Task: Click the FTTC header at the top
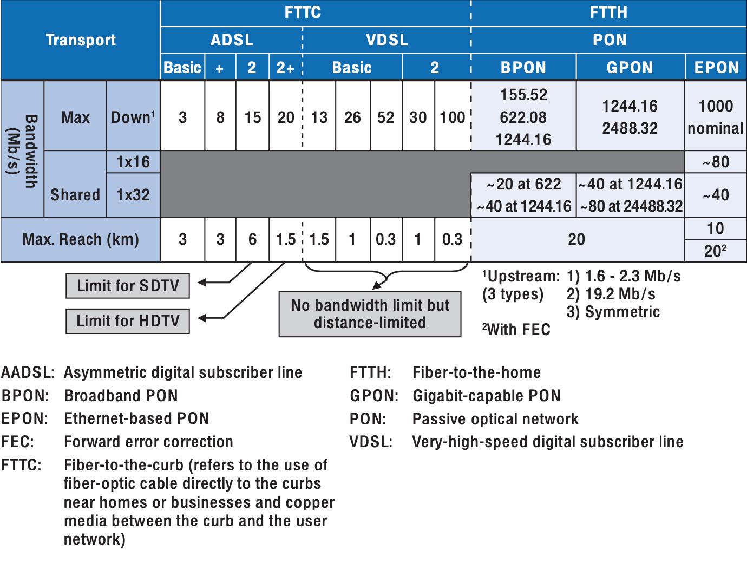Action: pos(303,12)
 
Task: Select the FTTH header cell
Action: pos(608,12)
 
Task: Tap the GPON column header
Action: pos(630,68)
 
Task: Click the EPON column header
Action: pos(716,68)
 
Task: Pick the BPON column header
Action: pos(523,68)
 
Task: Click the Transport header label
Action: pos(81,40)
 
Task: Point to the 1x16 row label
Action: pos(133,162)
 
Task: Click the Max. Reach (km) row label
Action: pos(81,239)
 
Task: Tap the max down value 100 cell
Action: pos(452,117)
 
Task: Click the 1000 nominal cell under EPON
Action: pos(716,117)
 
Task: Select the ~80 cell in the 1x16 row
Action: pos(716,162)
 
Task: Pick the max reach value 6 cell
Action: pos(252,239)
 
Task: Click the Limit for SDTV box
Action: pos(128,286)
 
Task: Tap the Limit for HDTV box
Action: pos(128,321)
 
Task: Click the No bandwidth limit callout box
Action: pos(370,314)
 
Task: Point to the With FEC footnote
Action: pos(516,330)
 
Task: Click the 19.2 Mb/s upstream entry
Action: pos(611,294)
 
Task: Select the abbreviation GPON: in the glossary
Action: pos(374,396)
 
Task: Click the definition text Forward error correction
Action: pos(148,442)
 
